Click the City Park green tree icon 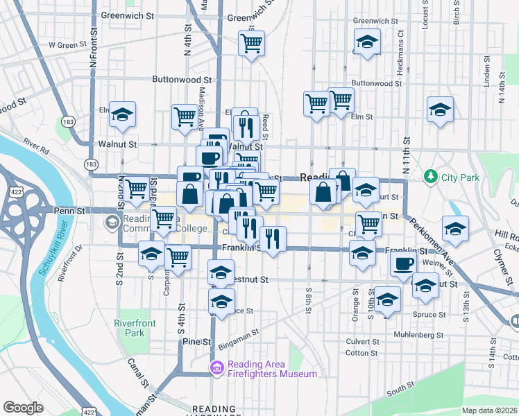tap(431, 177)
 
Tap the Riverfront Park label tap(135, 328)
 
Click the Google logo tap(23, 408)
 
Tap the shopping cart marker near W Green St tap(251, 44)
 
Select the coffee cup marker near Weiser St tap(403, 264)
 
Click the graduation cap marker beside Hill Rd tap(455, 229)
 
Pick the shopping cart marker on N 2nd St tap(137, 187)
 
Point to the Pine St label tap(196, 342)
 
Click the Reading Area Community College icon tap(111, 222)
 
